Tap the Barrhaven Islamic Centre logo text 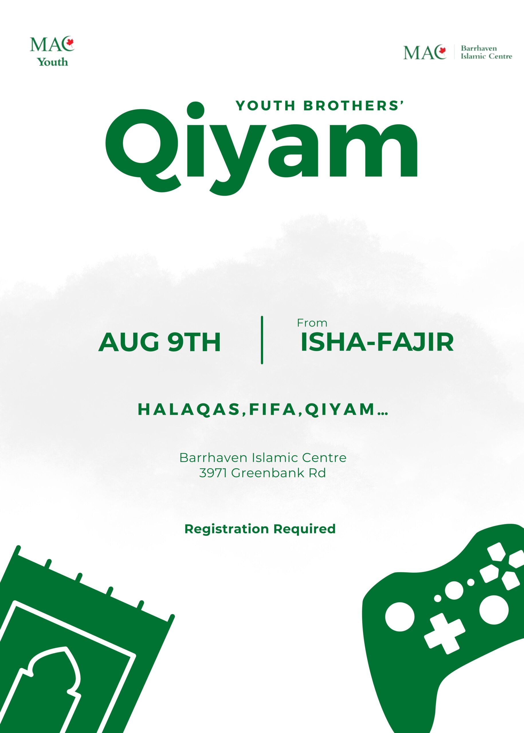(486, 52)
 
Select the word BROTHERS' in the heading (354, 105)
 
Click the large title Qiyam (261, 148)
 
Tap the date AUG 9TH (159, 342)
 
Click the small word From (312, 323)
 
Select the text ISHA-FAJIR (377, 342)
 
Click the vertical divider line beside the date (262, 340)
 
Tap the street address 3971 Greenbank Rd (262, 473)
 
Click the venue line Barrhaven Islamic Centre (263, 457)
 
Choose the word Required (305, 529)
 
